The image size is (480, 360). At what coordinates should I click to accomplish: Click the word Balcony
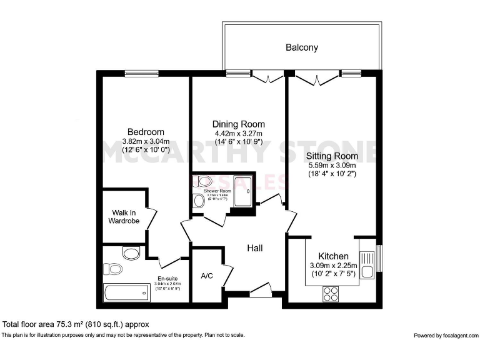(302, 47)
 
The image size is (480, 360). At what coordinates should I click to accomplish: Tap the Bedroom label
(146, 132)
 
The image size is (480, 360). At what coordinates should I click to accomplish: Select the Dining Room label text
(238, 124)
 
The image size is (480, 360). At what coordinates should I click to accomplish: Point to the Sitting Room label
(332, 156)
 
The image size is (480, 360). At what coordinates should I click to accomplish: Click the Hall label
(254, 248)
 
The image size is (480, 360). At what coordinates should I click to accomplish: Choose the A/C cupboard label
(207, 276)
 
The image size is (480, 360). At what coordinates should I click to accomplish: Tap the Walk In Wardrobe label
(124, 216)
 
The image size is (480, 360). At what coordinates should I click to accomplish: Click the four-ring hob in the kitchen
(331, 294)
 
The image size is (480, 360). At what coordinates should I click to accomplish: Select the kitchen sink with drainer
(367, 263)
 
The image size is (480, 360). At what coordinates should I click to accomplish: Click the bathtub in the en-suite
(127, 292)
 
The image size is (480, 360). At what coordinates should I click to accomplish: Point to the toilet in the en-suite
(114, 269)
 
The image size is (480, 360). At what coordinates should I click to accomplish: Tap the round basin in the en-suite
(131, 254)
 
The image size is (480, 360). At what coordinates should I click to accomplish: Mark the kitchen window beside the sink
(379, 259)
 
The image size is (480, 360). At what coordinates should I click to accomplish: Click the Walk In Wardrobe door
(151, 219)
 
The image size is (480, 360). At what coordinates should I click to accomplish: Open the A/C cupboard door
(227, 275)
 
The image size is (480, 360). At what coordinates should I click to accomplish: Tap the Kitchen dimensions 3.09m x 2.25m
(333, 266)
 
